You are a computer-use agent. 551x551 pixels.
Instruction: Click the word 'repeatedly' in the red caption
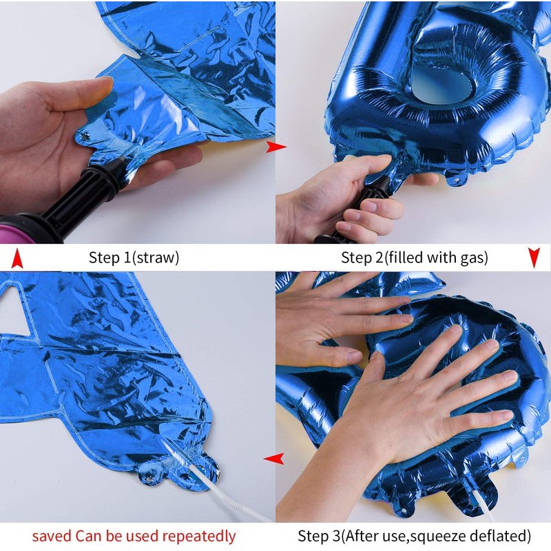pyautogui.click(x=198, y=537)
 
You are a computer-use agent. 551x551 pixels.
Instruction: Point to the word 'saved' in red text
pyautogui.click(x=52, y=537)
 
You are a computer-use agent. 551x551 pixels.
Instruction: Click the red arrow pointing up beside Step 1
pyautogui.click(x=17, y=258)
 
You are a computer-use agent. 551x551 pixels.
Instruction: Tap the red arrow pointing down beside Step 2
pyautogui.click(x=534, y=258)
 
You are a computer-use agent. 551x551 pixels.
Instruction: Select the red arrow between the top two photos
pyautogui.click(x=276, y=147)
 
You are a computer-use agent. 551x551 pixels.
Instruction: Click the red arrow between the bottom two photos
pyautogui.click(x=273, y=459)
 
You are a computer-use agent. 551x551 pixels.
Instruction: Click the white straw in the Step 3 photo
pyautogui.click(x=484, y=506)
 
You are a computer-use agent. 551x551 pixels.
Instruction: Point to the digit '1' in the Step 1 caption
pyautogui.click(x=127, y=258)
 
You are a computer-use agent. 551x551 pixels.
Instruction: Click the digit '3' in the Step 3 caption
pyautogui.click(x=337, y=537)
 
